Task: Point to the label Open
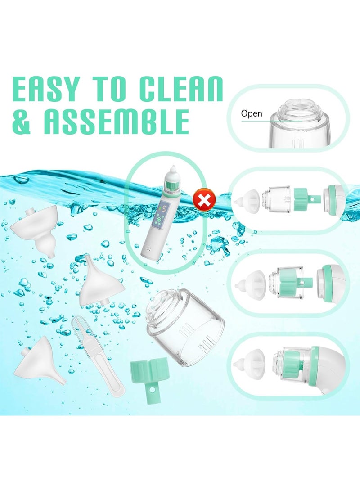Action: pyautogui.click(x=252, y=113)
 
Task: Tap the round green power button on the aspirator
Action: pyautogui.click(x=159, y=220)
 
